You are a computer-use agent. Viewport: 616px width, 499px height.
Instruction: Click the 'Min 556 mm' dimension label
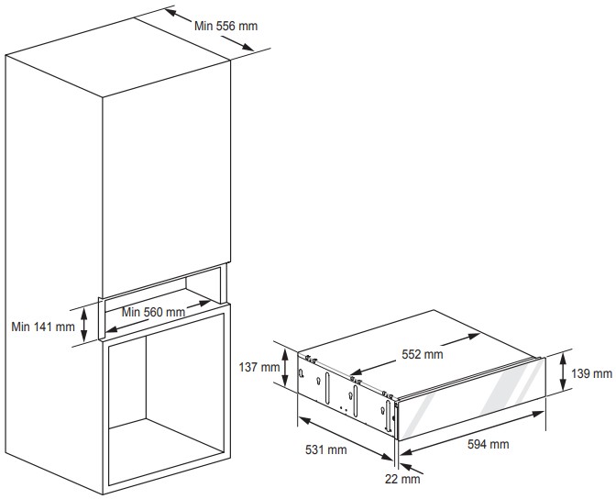tap(225, 27)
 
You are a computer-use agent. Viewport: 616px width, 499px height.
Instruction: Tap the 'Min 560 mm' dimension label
tap(153, 312)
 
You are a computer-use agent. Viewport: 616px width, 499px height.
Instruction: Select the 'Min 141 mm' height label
tap(43, 327)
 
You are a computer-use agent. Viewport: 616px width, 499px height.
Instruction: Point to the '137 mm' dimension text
tap(259, 367)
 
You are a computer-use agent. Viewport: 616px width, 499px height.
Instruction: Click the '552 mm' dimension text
tap(423, 354)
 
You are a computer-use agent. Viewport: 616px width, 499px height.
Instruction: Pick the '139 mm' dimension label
tap(591, 373)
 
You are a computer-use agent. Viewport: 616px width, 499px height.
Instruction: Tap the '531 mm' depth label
tap(326, 449)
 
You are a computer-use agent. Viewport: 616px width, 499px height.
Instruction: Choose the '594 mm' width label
tap(489, 444)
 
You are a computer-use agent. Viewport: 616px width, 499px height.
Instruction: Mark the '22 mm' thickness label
tap(402, 479)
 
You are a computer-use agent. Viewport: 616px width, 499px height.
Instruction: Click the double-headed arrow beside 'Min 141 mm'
tap(83, 325)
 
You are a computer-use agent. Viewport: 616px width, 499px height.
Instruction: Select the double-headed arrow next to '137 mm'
tap(286, 367)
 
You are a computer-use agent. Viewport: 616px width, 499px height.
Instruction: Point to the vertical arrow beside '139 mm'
tap(563, 371)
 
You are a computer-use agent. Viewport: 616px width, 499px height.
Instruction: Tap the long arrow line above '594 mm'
tap(472, 433)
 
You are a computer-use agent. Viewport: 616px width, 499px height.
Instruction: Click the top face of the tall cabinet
tap(118, 56)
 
